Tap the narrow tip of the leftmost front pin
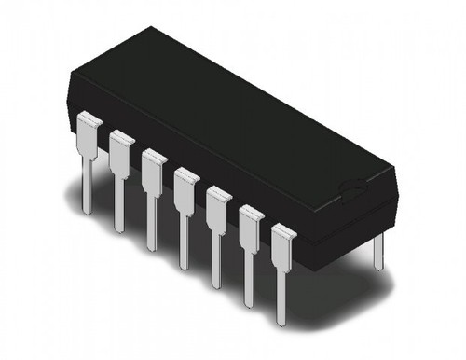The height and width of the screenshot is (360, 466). coord(87,207)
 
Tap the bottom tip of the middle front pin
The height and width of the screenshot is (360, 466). coord(184,265)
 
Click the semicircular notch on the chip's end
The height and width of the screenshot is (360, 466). coord(354,191)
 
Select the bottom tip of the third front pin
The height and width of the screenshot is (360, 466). coord(151,246)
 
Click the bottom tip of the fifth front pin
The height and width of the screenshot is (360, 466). coord(216,284)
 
